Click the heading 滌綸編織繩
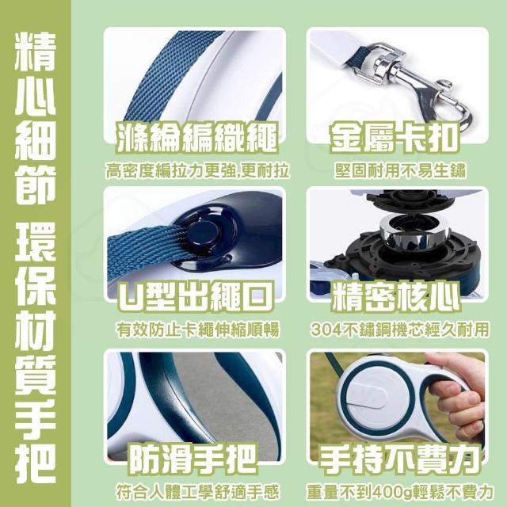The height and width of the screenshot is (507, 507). [x=196, y=137]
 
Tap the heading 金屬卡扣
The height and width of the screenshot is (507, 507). [x=395, y=137]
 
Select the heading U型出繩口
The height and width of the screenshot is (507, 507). [x=196, y=296]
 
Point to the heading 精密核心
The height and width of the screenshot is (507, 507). [x=395, y=296]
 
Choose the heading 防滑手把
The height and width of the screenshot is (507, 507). [x=192, y=459]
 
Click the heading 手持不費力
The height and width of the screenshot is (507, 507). [x=398, y=459]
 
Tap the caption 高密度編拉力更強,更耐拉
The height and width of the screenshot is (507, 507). [x=197, y=170]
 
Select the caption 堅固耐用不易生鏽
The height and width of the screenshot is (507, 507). [x=400, y=170]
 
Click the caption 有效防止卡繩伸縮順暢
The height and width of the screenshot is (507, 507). [x=197, y=330]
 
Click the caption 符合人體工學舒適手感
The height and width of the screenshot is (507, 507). [x=197, y=492]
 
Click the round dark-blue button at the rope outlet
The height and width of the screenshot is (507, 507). [x=204, y=231]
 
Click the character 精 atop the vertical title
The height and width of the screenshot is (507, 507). [x=35, y=51]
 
